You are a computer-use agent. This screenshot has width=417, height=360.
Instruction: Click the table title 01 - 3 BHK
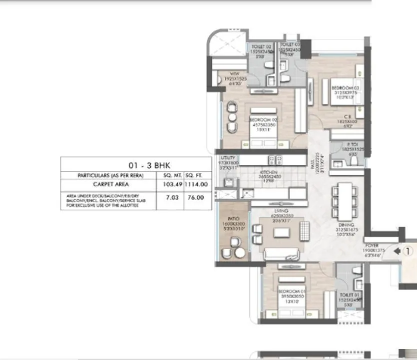(x=136, y=164)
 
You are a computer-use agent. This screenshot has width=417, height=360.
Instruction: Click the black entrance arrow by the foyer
(x=397, y=251)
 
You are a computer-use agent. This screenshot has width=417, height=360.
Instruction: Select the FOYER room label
(x=373, y=246)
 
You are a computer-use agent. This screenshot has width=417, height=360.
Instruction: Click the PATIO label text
(x=233, y=219)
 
